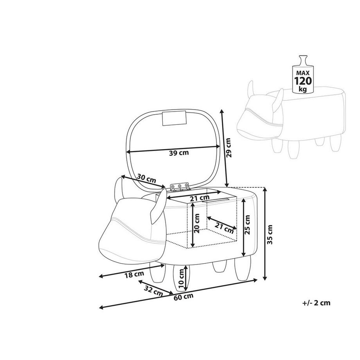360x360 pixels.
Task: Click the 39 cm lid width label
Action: (178, 153)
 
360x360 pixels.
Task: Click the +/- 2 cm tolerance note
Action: (316, 302)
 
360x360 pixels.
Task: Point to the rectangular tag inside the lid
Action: (175, 118)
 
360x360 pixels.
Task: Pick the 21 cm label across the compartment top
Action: (199, 198)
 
